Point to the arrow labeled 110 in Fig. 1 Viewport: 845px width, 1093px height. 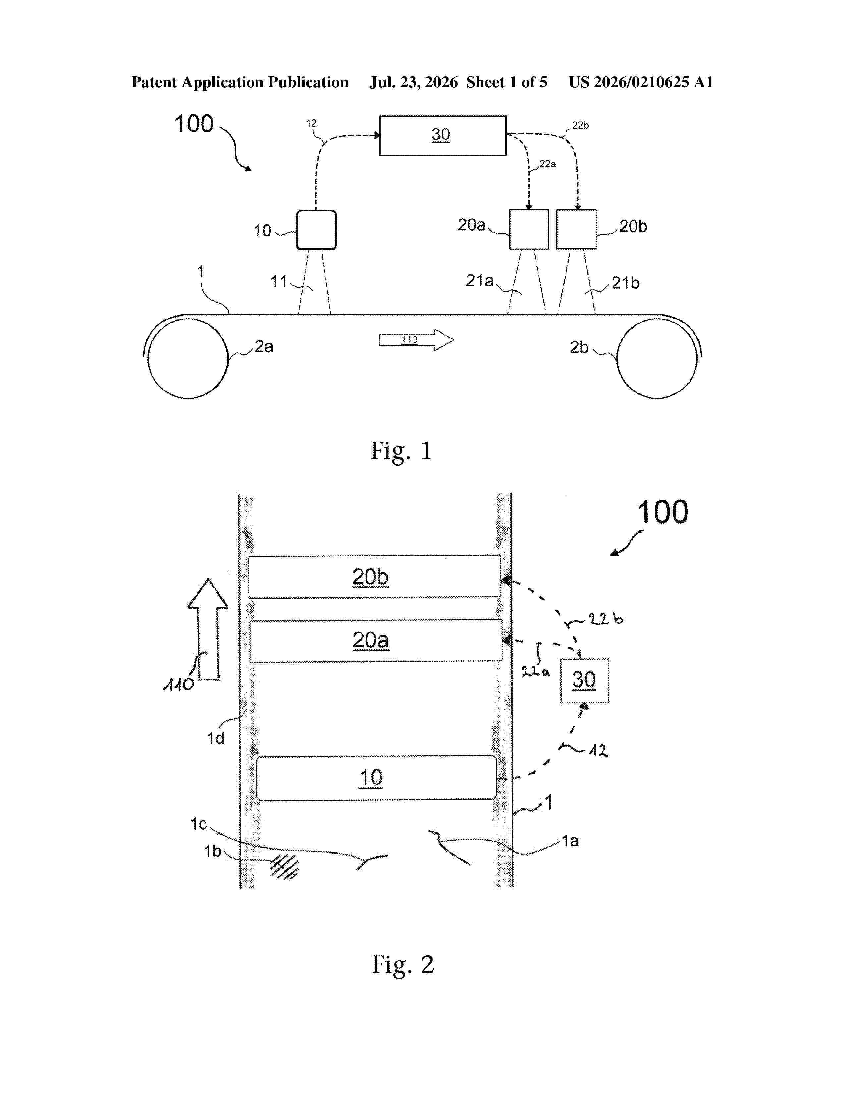click(x=416, y=340)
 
